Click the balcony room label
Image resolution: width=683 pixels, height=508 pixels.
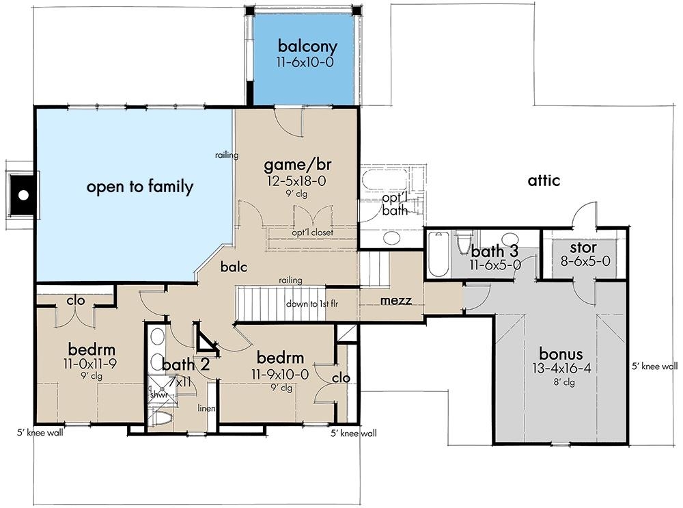(x=307, y=47)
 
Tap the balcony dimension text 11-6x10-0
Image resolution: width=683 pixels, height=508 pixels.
(x=307, y=62)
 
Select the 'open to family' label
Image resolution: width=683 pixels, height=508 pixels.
(x=140, y=187)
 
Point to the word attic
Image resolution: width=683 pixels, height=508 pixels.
(x=544, y=181)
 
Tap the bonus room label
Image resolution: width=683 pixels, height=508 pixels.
(x=561, y=354)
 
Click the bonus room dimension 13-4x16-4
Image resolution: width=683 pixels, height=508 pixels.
(x=561, y=369)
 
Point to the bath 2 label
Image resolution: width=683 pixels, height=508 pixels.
(x=183, y=364)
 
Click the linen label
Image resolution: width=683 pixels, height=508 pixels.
(x=207, y=408)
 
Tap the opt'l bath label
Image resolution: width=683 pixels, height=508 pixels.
(x=394, y=204)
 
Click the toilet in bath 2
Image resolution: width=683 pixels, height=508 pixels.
(x=162, y=418)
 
